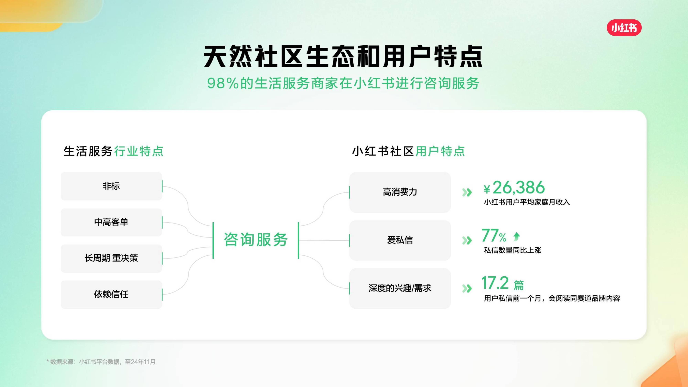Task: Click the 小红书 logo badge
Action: [624, 28]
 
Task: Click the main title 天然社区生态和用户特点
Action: [343, 56]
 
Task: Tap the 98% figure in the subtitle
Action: [222, 83]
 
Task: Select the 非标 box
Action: [111, 186]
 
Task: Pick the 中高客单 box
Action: [111, 222]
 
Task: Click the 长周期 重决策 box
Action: [111, 258]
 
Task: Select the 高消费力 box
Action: [400, 192]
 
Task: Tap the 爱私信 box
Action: [400, 240]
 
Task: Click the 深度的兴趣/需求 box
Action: [400, 288]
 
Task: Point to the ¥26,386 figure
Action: [514, 187]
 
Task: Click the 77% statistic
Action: [494, 236]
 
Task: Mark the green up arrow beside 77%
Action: [517, 236]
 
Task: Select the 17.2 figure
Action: [495, 283]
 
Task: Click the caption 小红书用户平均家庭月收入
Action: [527, 202]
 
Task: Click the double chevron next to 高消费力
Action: [467, 192]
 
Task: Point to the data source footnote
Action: [101, 362]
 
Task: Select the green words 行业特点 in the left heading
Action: [139, 151]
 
